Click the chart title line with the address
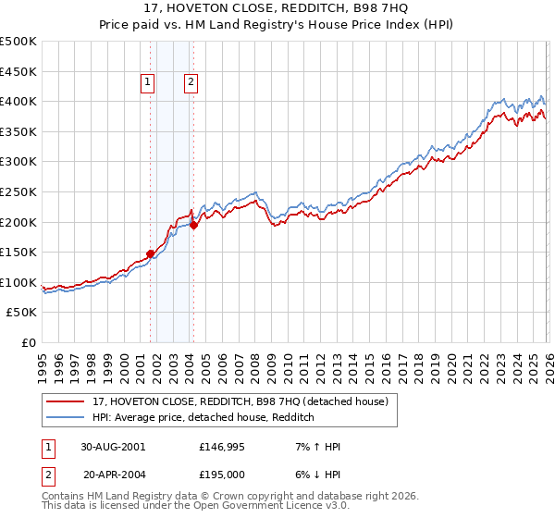click(277, 9)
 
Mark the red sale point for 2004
click(193, 224)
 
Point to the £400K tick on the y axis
click(18, 102)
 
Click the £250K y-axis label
click(18, 191)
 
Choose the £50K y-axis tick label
click(22, 313)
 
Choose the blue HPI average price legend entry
click(203, 418)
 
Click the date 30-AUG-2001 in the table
click(112, 446)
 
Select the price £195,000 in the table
click(222, 474)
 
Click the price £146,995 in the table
click(222, 446)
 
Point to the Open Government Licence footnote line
click(195, 507)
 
